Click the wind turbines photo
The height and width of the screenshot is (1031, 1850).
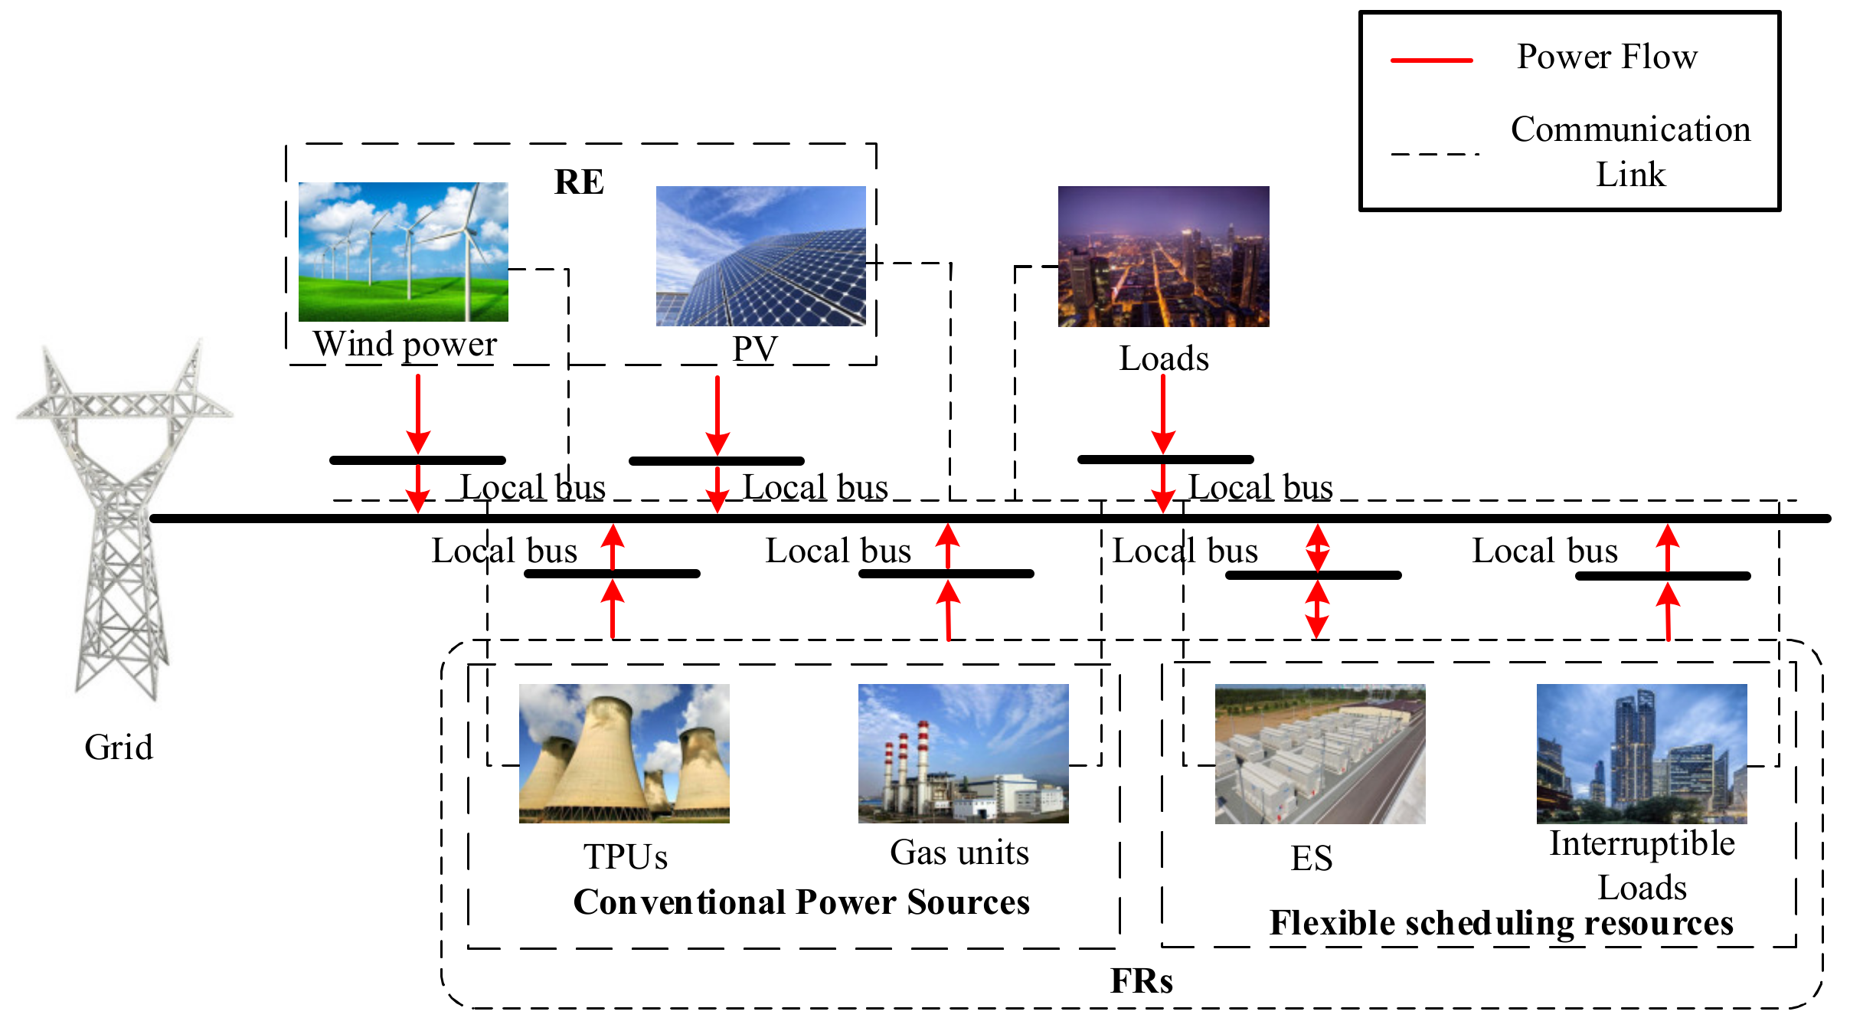(x=403, y=251)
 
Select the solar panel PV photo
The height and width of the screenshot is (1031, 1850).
(x=760, y=256)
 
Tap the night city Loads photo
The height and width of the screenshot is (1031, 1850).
(x=1163, y=256)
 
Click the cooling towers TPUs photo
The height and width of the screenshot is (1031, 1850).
(x=624, y=753)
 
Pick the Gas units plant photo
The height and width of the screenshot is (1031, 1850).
(x=963, y=753)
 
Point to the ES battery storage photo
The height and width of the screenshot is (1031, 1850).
(x=1319, y=754)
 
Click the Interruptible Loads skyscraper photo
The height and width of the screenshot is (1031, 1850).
(x=1641, y=753)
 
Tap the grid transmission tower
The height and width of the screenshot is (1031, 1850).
(x=123, y=521)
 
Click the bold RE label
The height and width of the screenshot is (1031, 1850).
(x=579, y=182)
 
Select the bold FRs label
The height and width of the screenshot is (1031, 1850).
(x=1141, y=980)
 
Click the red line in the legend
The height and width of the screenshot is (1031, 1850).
(x=1431, y=60)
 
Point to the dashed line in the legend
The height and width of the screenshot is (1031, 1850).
(x=1433, y=154)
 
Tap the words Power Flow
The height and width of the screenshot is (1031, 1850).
(x=1606, y=57)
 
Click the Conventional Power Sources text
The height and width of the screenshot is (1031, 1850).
(x=801, y=902)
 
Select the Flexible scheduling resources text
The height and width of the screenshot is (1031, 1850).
(x=1501, y=923)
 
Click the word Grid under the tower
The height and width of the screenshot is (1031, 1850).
(x=119, y=747)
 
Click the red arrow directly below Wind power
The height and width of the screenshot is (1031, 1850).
(x=418, y=414)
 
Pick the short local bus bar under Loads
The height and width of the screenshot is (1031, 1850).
(x=1165, y=460)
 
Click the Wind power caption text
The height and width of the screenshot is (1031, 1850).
(x=404, y=344)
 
